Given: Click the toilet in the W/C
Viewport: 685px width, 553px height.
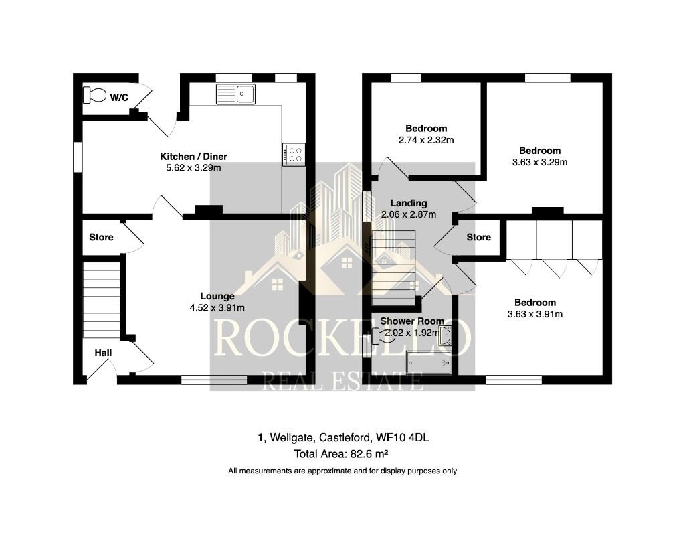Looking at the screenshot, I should (x=94, y=96).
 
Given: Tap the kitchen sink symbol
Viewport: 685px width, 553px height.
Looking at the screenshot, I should (x=235, y=94).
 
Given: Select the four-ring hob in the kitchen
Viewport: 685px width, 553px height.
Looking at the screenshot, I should (x=294, y=155).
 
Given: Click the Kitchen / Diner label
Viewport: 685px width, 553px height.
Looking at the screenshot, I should (x=193, y=157).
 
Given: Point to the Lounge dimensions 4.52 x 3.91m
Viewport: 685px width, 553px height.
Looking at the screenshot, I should (x=217, y=308).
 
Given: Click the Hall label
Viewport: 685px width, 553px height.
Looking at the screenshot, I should (x=103, y=353).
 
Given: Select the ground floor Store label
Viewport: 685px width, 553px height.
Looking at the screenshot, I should (x=101, y=237).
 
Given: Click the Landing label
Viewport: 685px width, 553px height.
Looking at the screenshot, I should (x=408, y=204).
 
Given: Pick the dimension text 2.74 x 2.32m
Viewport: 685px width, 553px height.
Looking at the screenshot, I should (x=426, y=140).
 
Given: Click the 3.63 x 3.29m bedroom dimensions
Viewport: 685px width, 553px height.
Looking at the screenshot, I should (x=539, y=162).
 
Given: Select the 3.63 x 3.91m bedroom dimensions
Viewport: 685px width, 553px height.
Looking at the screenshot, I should (x=535, y=314).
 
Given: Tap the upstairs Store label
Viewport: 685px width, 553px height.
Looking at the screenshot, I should (x=478, y=237).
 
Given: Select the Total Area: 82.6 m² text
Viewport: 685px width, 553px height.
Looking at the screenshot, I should (x=342, y=454).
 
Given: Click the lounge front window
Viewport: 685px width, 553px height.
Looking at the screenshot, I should (x=213, y=380).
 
